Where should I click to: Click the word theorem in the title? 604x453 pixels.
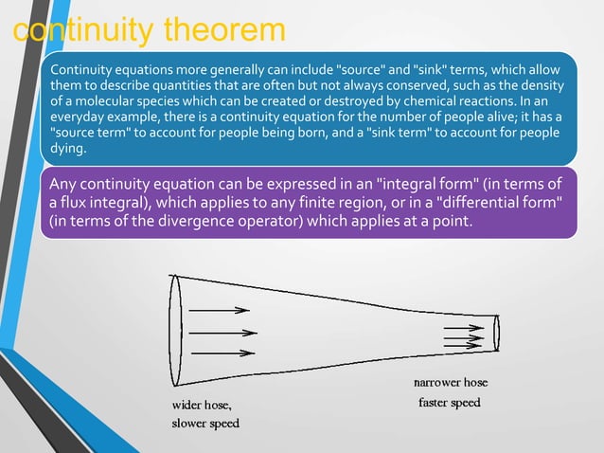click(x=225, y=29)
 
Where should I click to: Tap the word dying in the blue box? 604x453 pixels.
click(x=68, y=149)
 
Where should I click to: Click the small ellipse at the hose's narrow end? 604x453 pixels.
click(x=497, y=333)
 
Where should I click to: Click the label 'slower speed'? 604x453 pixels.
click(x=204, y=423)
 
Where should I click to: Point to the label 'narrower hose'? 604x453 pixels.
click(x=451, y=383)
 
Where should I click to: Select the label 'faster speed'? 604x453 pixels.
click(x=450, y=403)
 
